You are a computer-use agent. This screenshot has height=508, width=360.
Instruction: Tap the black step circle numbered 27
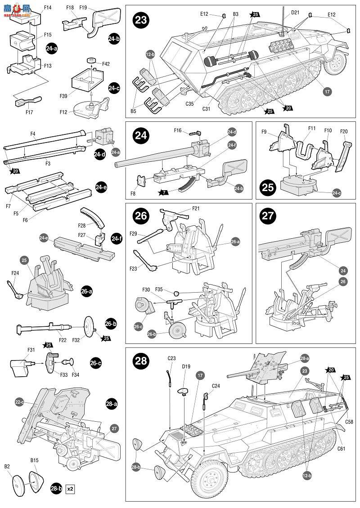pyautogui.click(x=268, y=215)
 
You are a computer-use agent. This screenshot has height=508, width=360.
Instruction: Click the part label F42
pyautogui.click(x=105, y=64)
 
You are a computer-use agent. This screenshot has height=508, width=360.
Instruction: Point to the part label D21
pyautogui.click(x=295, y=12)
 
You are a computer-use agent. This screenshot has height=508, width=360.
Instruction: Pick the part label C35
pyautogui.click(x=189, y=104)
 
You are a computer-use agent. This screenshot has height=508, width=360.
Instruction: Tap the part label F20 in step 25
pyautogui.click(x=344, y=131)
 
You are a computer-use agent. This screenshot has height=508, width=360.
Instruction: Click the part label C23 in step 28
pyautogui.click(x=171, y=358)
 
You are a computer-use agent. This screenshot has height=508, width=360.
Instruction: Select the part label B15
pyautogui.click(x=35, y=460)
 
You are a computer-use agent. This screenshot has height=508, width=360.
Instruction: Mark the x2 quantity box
pyautogui.click(x=70, y=488)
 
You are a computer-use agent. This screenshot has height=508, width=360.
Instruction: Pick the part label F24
pyautogui.click(x=15, y=272)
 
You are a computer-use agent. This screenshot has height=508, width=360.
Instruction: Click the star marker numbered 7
pyautogui.click(x=162, y=193)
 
